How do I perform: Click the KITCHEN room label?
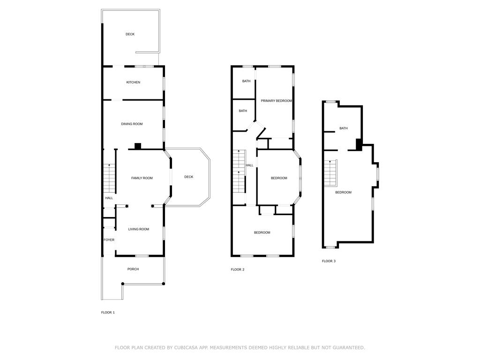tap(133, 82)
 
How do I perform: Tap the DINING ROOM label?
tap(132, 124)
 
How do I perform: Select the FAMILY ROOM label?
tap(142, 178)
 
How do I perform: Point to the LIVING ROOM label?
tap(139, 229)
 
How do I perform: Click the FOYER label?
tap(109, 240)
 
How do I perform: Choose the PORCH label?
tap(133, 269)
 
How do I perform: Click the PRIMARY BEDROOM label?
tap(276, 101)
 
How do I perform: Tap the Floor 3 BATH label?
tap(344, 128)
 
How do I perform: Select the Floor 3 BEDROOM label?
tap(343, 192)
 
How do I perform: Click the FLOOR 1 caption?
tap(108, 312)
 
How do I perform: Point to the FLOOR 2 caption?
tap(238, 270)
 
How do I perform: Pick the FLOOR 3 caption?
tap(329, 261)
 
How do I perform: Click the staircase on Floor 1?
tap(109, 178)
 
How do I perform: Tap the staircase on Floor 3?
tap(330, 172)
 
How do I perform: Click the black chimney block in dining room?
tap(138, 146)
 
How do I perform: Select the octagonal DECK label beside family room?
tap(188, 177)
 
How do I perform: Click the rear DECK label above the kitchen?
tap(130, 34)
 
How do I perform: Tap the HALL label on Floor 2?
tap(249, 165)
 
